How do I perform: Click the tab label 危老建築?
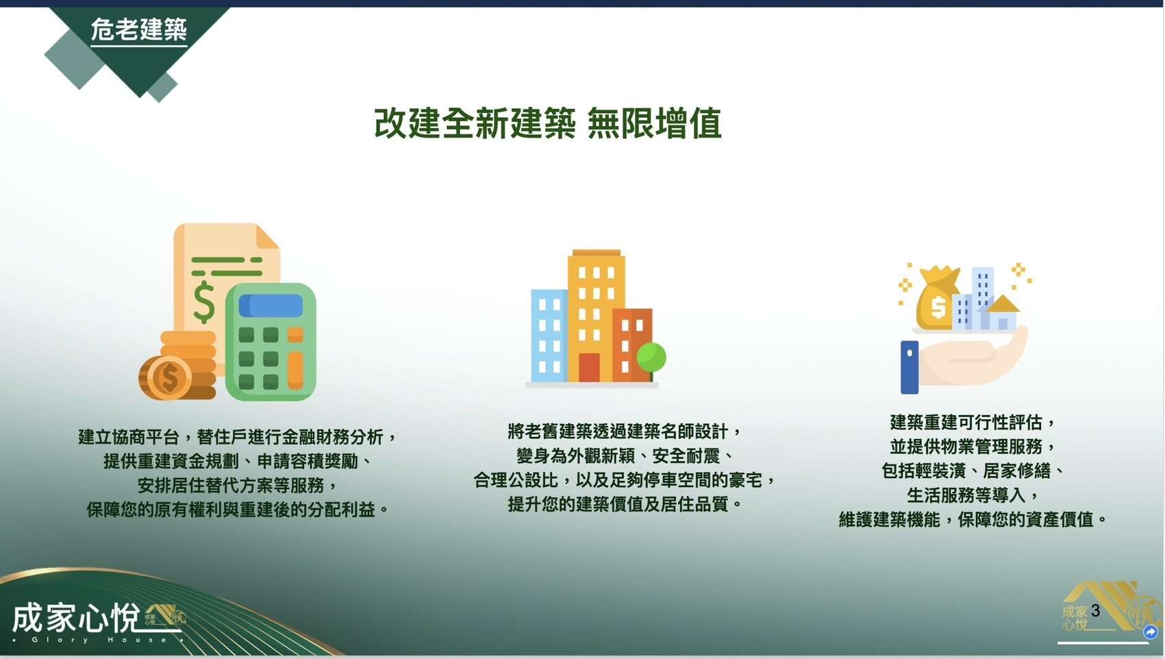[139, 29]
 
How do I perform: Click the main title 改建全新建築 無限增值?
[548, 123]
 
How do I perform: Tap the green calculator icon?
[271, 342]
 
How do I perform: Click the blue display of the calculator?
[271, 306]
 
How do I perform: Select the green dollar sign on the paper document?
[203, 303]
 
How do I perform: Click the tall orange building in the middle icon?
[596, 316]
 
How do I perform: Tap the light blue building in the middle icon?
[549, 336]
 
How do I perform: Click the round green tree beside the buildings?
[651, 358]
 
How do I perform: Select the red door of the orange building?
[589, 368]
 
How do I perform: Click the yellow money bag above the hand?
[937, 298]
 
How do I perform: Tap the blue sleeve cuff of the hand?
[910, 367]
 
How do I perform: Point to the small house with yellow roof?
[1002, 312]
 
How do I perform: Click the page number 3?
[1095, 610]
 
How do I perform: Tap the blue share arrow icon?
[1151, 632]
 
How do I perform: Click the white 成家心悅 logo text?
[76, 618]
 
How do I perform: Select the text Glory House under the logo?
[99, 639]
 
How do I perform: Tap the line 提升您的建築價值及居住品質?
[625, 504]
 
